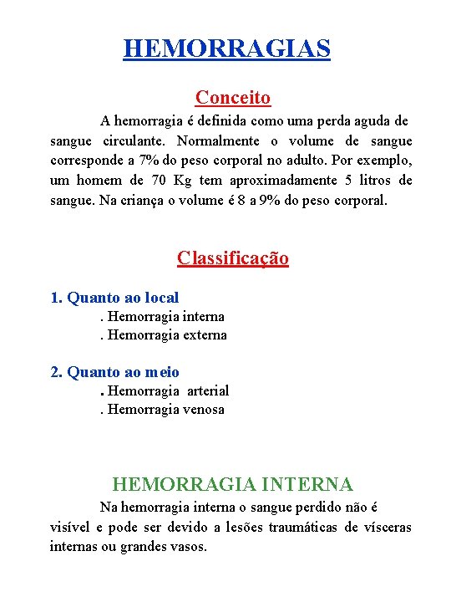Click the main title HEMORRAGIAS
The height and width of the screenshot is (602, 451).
click(226, 48)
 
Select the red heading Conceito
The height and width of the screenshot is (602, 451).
click(233, 98)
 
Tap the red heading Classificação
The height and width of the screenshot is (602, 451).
click(233, 258)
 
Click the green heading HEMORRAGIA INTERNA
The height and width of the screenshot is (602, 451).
click(233, 484)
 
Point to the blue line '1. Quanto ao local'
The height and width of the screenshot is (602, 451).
click(115, 297)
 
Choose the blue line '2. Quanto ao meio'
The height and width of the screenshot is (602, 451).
click(115, 372)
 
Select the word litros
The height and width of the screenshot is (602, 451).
click(370, 181)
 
